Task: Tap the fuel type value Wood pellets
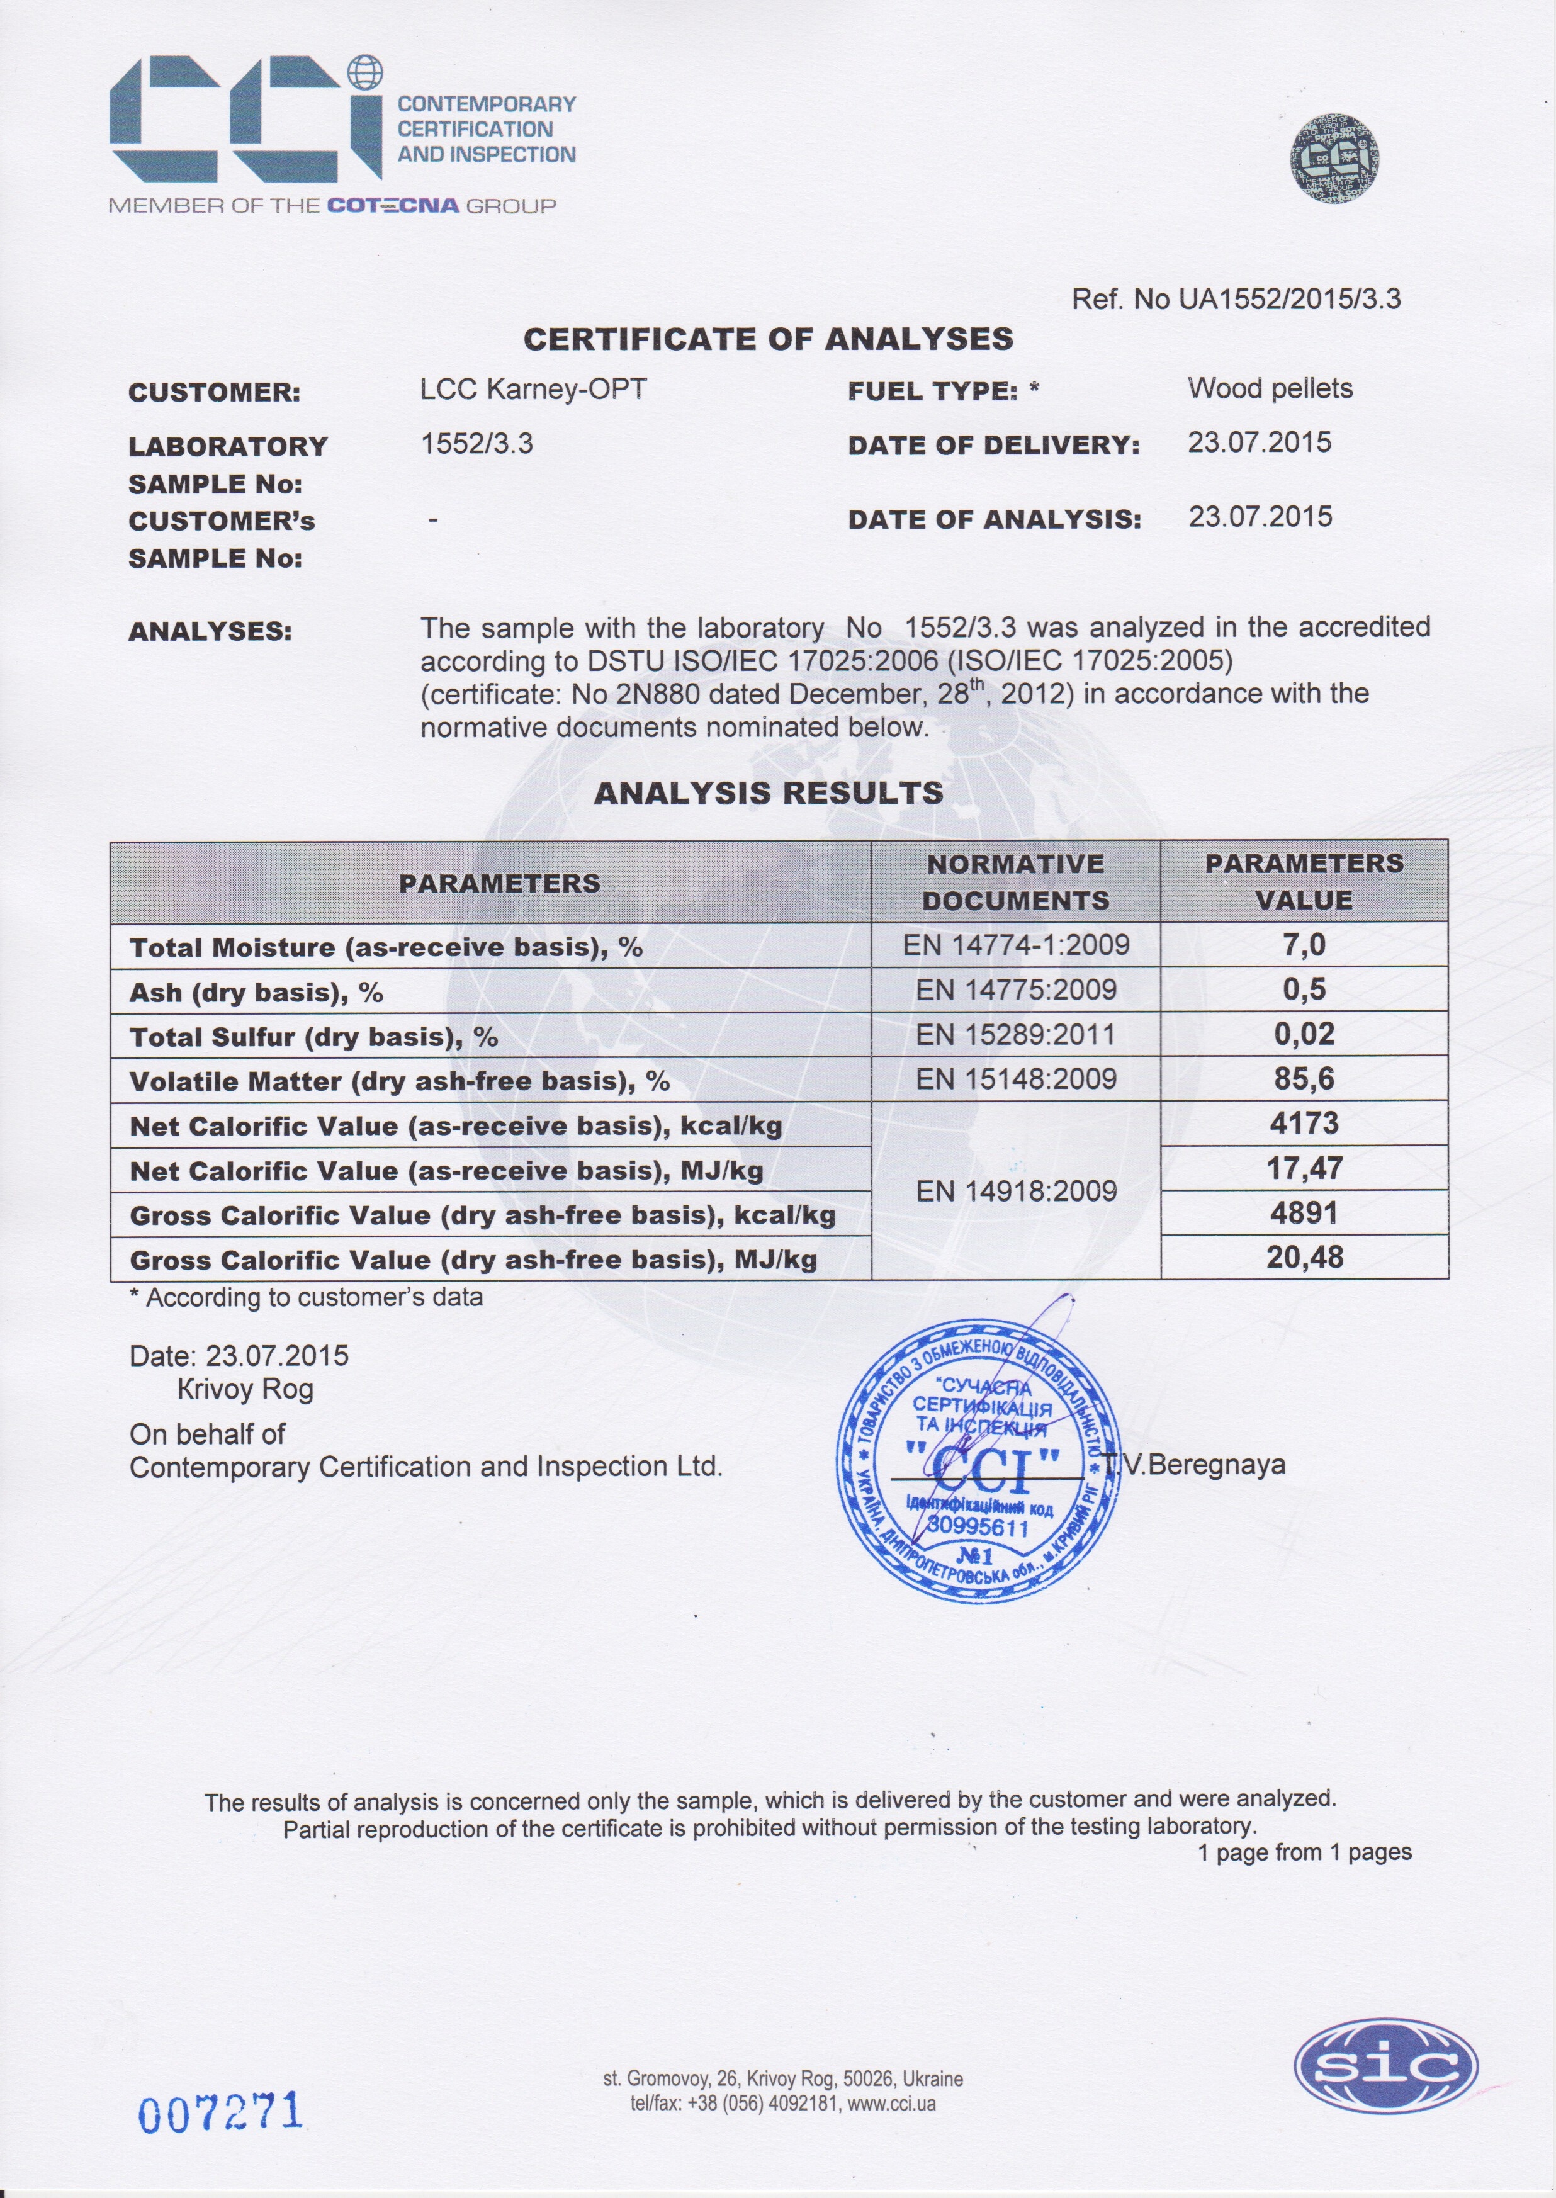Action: coord(1270,389)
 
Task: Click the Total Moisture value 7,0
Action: coord(1304,945)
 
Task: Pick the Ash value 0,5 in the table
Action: coord(1304,989)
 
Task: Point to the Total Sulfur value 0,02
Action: coord(1304,1035)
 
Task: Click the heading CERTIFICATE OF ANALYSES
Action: coord(769,339)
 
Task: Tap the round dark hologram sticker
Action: coord(1334,159)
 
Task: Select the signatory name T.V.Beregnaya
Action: coord(1195,1465)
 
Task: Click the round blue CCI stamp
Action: coord(979,1461)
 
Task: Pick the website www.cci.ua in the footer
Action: coord(891,2105)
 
